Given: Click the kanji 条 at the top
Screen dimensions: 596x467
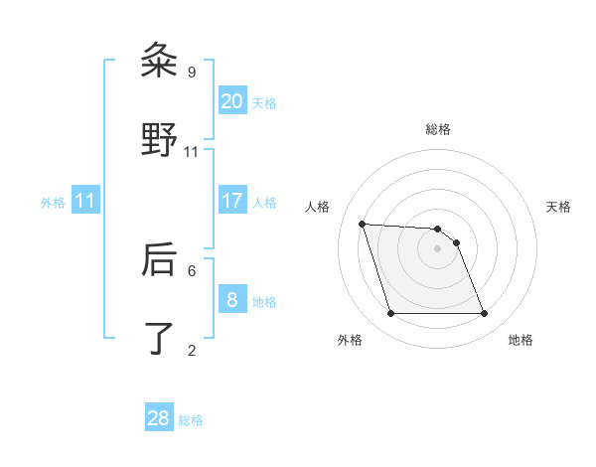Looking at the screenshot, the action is tap(159, 61).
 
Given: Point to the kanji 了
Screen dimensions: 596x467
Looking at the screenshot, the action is tap(159, 337).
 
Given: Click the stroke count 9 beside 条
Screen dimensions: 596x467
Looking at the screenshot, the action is tap(192, 73).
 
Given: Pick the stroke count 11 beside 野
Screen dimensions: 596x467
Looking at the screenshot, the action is tap(192, 151).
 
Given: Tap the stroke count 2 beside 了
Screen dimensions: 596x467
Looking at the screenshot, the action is tap(192, 350).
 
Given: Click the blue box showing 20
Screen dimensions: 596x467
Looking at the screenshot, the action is tap(232, 101).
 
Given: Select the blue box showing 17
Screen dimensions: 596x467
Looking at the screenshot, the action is tap(232, 201).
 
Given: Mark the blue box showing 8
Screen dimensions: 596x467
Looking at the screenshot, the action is tap(232, 300).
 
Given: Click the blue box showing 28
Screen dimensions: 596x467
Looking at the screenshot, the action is tap(159, 418).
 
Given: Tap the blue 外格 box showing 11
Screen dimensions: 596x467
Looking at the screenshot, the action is tap(85, 201).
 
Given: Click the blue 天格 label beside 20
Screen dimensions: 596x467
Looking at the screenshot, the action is tap(264, 103).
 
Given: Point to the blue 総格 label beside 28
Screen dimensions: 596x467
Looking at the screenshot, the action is tap(191, 420).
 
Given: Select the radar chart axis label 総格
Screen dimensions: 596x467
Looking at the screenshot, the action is tap(438, 130).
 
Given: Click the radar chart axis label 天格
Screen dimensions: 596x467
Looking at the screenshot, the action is tap(558, 208).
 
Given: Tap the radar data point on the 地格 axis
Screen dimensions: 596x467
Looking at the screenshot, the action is tap(484, 314).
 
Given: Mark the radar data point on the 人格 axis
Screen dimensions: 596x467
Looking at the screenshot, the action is tap(363, 224).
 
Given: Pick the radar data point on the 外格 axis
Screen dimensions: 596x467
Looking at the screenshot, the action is tap(390, 314).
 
